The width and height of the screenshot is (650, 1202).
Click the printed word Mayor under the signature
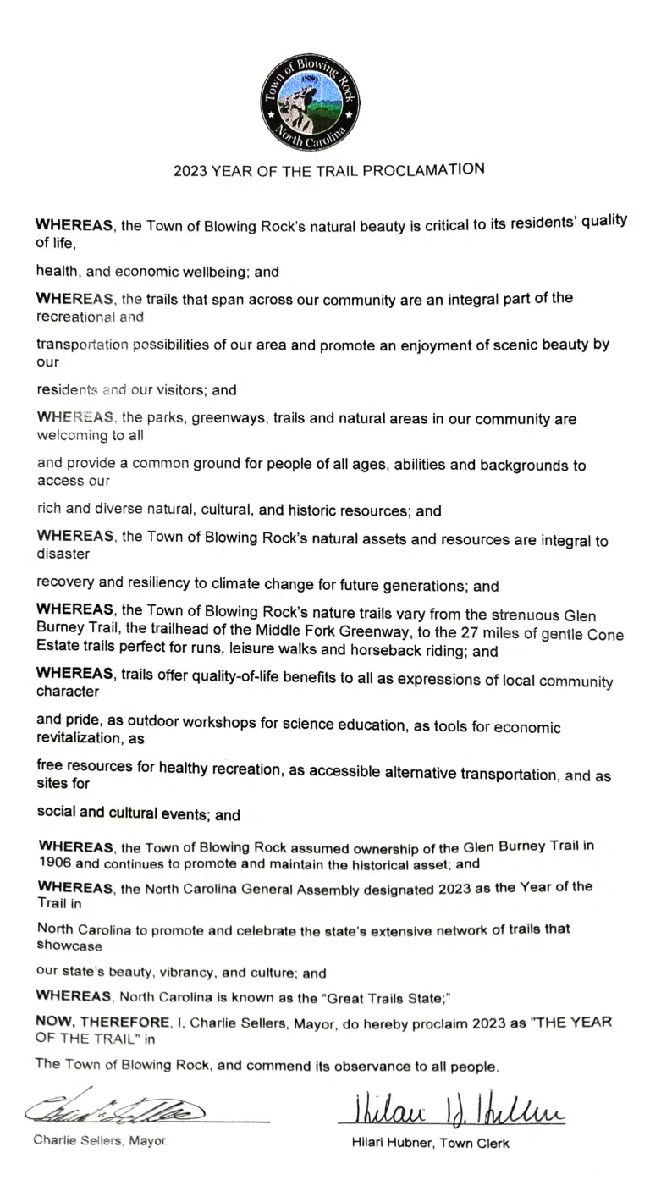tap(147, 1140)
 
